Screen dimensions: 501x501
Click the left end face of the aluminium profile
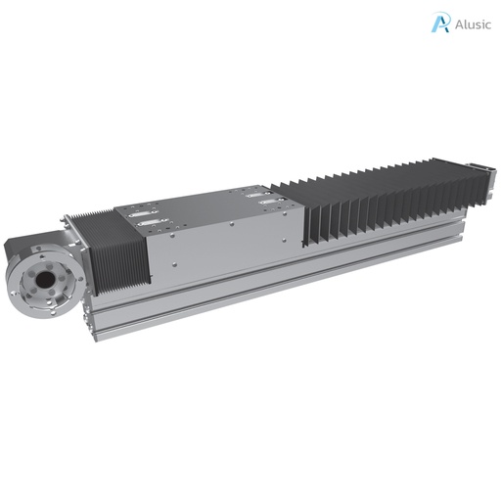click(x=90, y=318)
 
